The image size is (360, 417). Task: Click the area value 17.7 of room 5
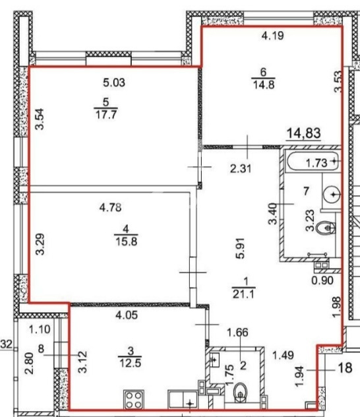106,115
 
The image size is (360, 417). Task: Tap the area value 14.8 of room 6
264,85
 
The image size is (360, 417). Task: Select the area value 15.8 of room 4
126,241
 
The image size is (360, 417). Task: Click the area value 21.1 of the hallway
244,294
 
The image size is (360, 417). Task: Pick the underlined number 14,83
304,133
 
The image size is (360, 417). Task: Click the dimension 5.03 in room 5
114,82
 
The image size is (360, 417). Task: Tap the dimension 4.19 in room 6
272,36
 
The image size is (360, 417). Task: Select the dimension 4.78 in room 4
111,207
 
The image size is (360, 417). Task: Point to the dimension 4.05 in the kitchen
127,315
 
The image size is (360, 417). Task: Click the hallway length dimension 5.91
240,248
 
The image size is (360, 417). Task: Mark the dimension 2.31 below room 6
241,169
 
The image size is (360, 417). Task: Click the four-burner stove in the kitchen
134,400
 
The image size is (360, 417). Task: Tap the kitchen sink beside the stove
183,400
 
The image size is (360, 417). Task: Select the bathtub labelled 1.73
313,162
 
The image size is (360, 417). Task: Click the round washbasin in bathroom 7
332,195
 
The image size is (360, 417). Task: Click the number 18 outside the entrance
345,368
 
